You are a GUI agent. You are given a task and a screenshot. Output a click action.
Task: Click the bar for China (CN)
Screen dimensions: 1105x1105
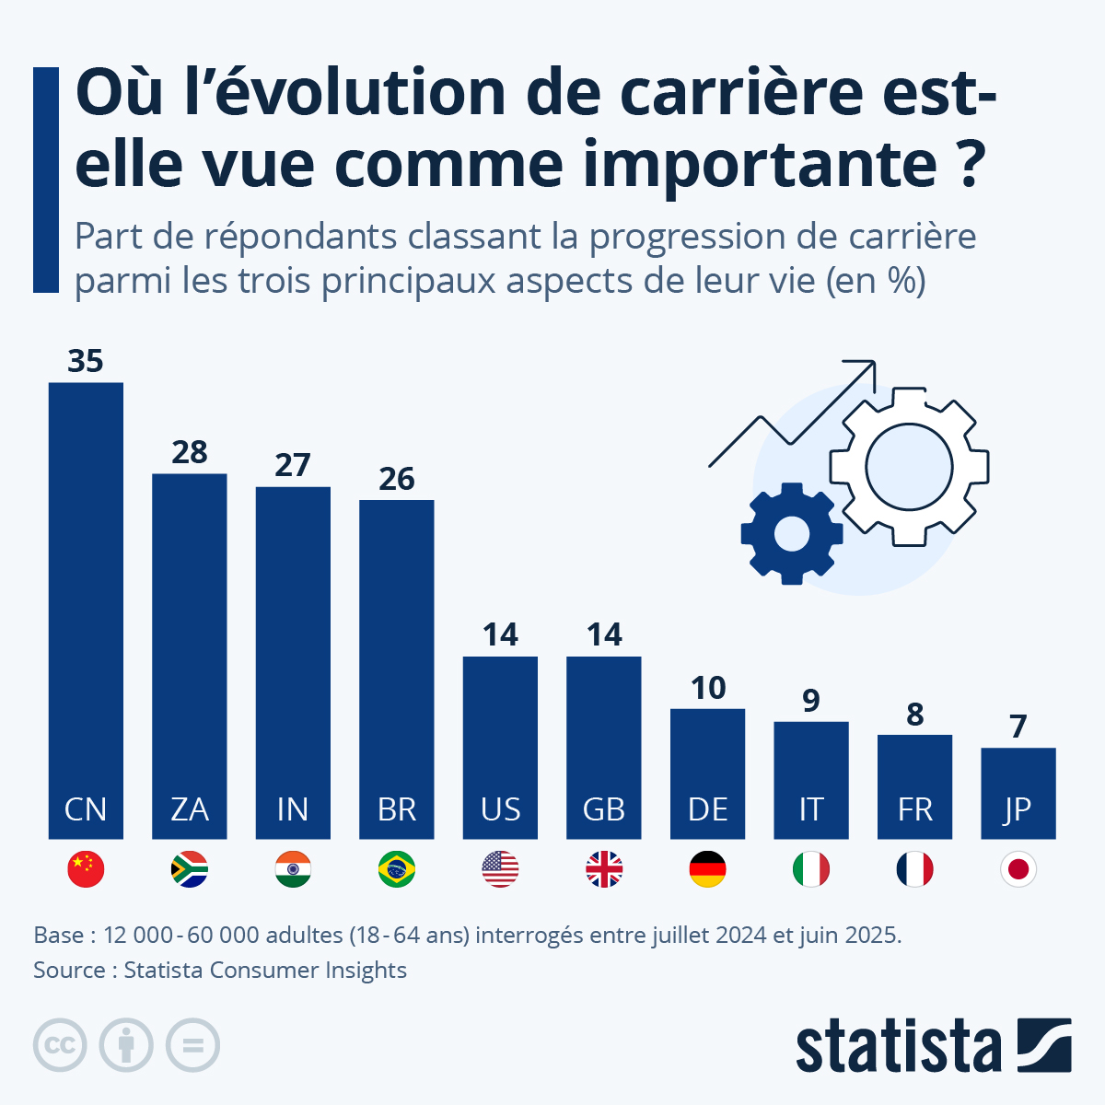(86, 589)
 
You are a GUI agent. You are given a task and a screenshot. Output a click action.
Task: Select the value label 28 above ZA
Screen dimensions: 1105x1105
(190, 452)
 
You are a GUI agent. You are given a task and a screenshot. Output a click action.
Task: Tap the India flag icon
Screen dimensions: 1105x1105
(293, 869)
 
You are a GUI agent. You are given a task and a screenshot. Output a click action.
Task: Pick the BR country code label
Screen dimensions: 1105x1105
(397, 809)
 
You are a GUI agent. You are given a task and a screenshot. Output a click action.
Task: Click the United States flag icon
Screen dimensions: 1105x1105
(500, 869)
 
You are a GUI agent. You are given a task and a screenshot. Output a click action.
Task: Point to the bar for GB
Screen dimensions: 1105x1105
(604, 727)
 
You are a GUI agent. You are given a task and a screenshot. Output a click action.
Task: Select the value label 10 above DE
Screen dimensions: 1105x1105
(708, 688)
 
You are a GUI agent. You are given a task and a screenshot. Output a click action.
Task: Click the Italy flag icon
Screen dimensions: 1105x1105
(811, 869)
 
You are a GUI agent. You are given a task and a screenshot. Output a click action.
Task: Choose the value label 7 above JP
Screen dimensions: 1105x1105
(1018, 727)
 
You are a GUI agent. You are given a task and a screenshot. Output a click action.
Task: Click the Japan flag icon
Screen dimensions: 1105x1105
(1018, 869)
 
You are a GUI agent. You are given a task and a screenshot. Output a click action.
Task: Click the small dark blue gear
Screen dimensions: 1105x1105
(791, 533)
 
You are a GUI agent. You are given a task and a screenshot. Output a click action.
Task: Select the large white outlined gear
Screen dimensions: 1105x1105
(909, 467)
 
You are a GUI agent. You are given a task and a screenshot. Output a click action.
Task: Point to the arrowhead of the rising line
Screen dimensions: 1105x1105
(864, 369)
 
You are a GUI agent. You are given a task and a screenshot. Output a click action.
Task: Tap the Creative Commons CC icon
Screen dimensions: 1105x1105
(60, 1045)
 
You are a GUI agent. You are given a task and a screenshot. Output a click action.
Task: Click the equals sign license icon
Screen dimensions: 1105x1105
(192, 1045)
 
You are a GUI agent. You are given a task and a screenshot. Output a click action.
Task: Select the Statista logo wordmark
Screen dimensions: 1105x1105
(898, 1047)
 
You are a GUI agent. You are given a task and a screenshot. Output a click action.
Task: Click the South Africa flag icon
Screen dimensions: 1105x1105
(190, 869)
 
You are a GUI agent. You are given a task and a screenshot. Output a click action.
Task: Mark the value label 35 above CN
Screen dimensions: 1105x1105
(86, 361)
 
